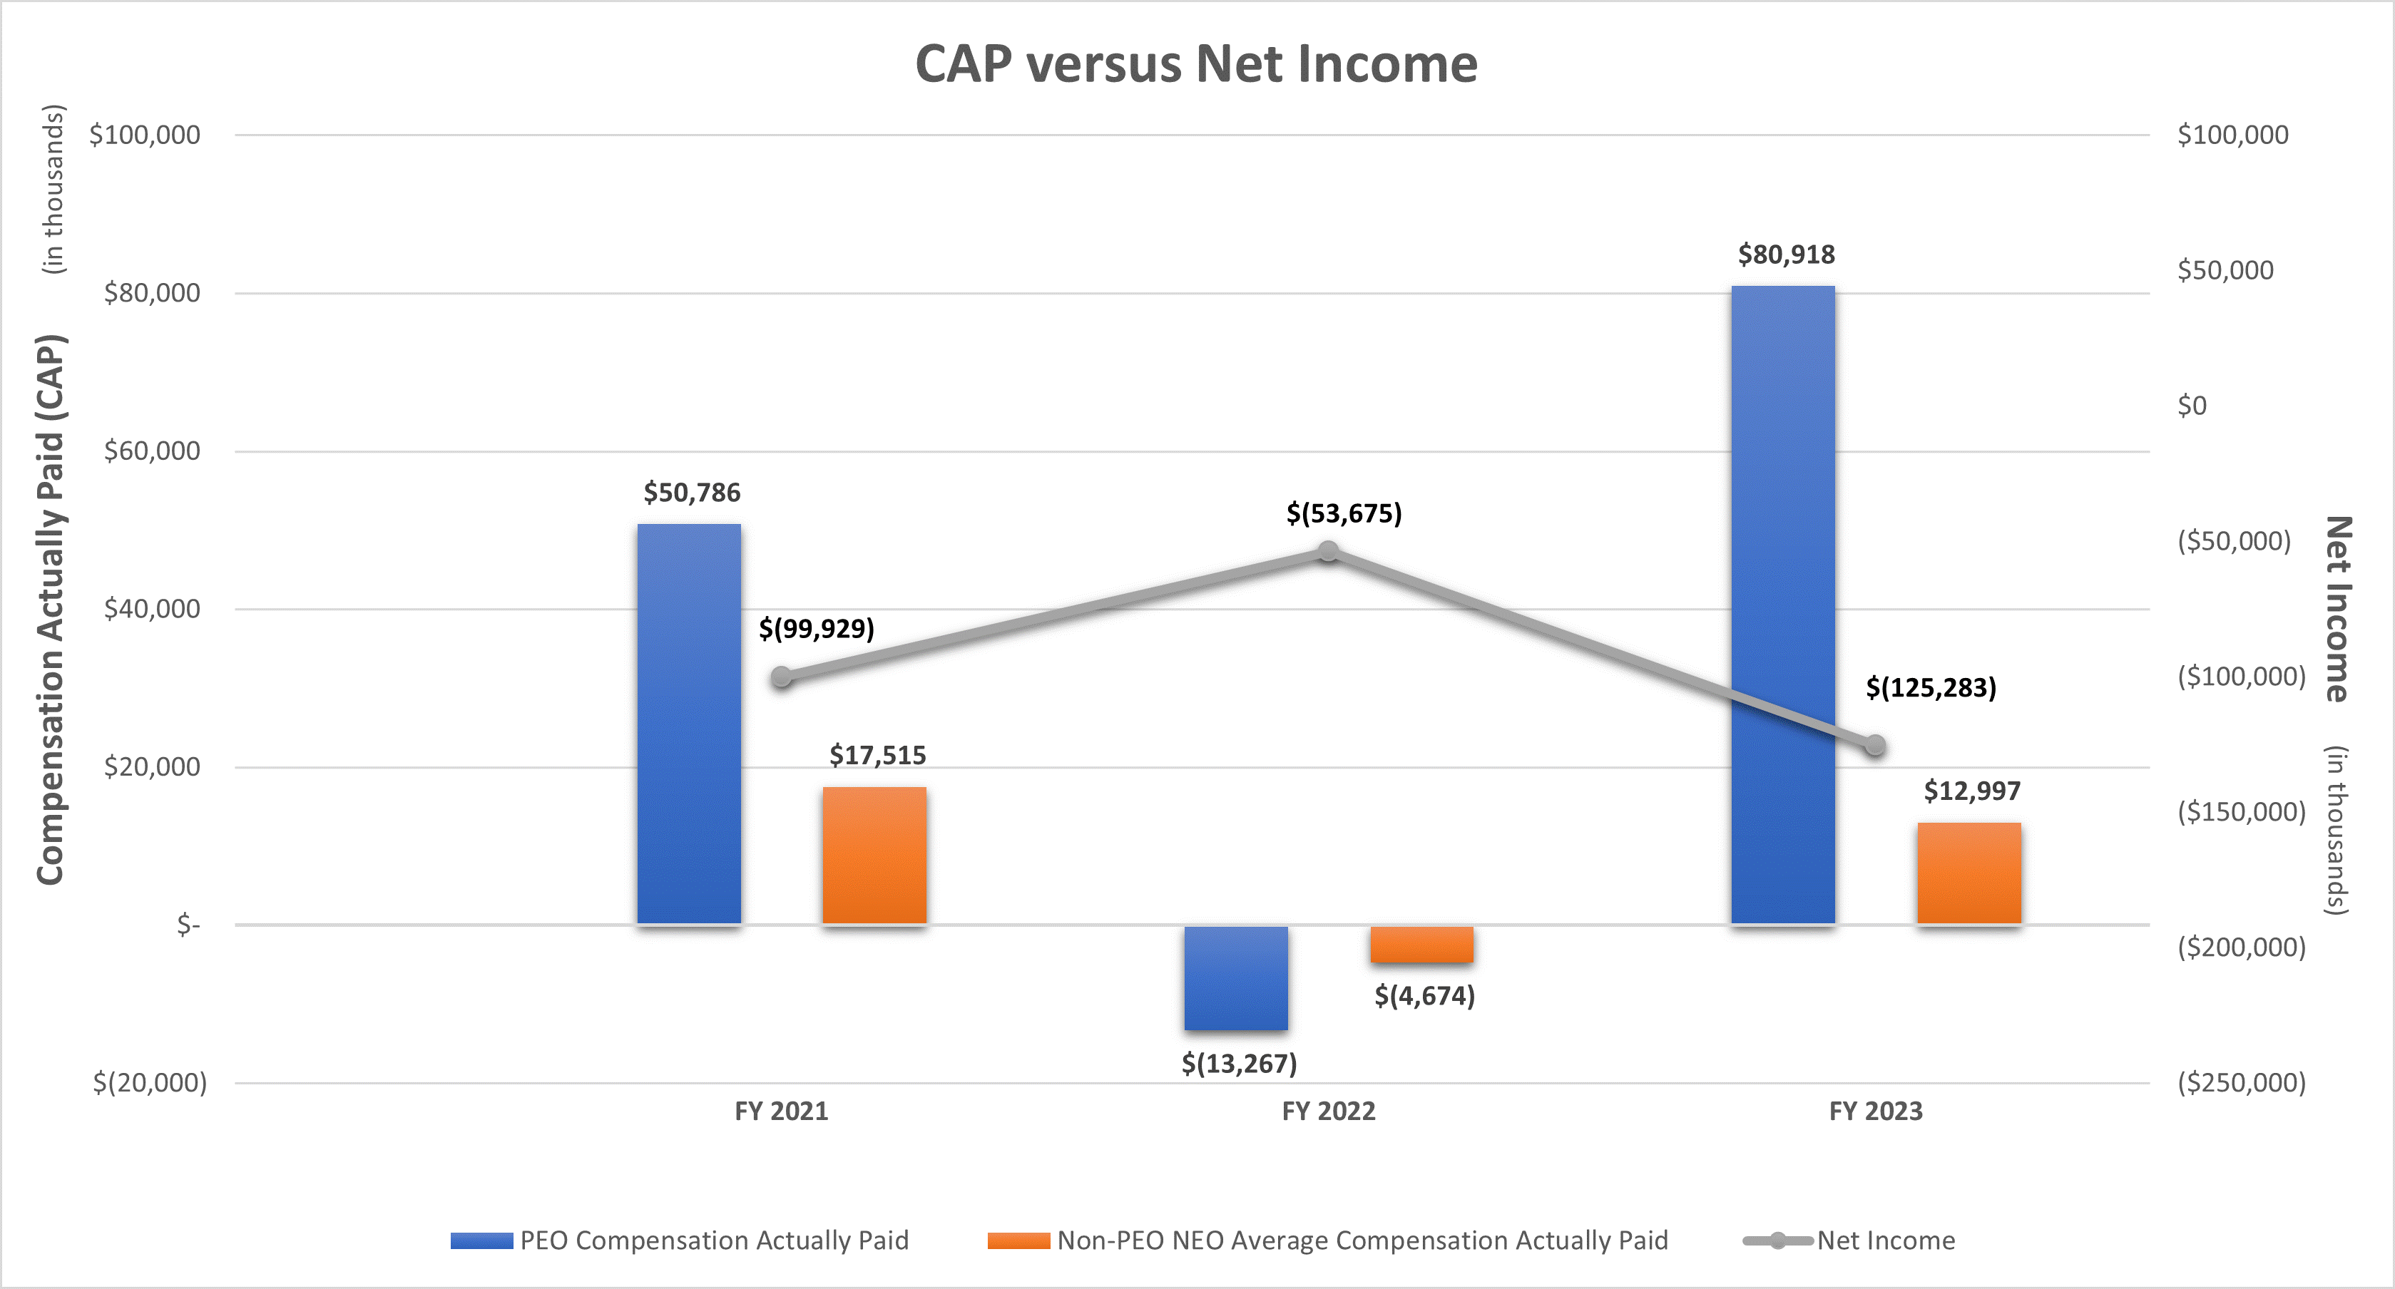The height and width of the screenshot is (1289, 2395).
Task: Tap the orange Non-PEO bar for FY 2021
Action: pos(874,855)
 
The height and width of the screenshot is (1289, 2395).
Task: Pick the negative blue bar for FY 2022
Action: pos(1235,977)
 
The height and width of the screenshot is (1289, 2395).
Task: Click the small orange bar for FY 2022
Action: pos(1421,944)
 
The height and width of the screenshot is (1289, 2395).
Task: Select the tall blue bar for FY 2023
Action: pos(1782,604)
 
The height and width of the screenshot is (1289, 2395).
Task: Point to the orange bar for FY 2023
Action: pos(1968,873)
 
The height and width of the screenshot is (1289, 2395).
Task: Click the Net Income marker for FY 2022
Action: pos(1329,552)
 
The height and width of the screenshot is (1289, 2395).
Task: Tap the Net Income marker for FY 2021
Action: pos(782,677)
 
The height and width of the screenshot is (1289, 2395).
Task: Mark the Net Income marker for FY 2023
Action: pos(1875,745)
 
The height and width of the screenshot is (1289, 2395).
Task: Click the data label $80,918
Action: pos(1786,255)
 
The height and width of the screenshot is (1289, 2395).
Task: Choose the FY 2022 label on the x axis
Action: pos(1328,1111)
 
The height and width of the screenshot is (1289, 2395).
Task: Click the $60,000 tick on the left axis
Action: pos(151,451)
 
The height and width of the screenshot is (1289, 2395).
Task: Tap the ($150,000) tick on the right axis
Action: pos(2241,812)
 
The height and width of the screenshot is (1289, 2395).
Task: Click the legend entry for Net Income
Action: pos(1886,1241)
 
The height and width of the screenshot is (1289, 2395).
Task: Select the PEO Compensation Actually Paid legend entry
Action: pos(713,1241)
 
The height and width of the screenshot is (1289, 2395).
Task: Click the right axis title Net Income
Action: pos(2337,609)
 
